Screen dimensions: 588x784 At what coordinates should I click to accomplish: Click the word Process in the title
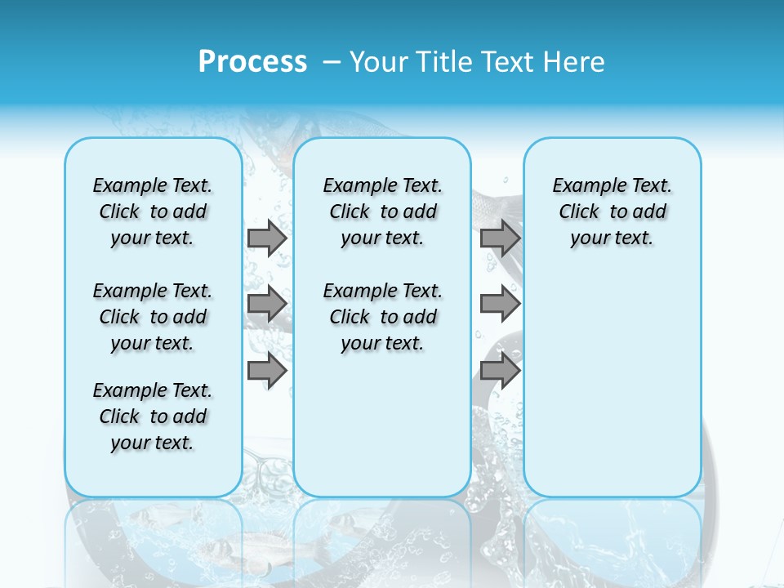tap(252, 62)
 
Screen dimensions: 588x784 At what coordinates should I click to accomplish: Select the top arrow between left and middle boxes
tap(267, 238)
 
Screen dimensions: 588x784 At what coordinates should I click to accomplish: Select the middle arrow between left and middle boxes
tap(267, 304)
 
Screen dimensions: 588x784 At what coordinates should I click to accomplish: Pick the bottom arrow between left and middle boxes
tap(267, 370)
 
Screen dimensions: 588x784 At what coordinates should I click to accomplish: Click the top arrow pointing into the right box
tap(500, 238)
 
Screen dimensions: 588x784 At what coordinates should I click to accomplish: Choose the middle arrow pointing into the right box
tap(500, 304)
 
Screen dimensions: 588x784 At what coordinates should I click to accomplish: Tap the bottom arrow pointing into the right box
tap(500, 370)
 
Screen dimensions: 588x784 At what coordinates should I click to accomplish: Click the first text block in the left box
tap(153, 212)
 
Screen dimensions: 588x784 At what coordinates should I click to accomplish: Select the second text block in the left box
tap(153, 317)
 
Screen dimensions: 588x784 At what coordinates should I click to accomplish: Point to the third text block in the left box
tap(153, 416)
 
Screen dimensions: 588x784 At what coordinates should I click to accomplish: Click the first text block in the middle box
tap(382, 212)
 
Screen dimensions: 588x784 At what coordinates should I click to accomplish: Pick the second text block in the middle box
tap(382, 317)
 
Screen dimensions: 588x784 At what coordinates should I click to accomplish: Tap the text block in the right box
tap(612, 212)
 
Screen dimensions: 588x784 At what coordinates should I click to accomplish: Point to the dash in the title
tap(332, 62)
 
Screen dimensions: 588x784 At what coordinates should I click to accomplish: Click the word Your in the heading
tap(380, 62)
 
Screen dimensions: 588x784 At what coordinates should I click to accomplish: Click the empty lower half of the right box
tap(612, 392)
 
